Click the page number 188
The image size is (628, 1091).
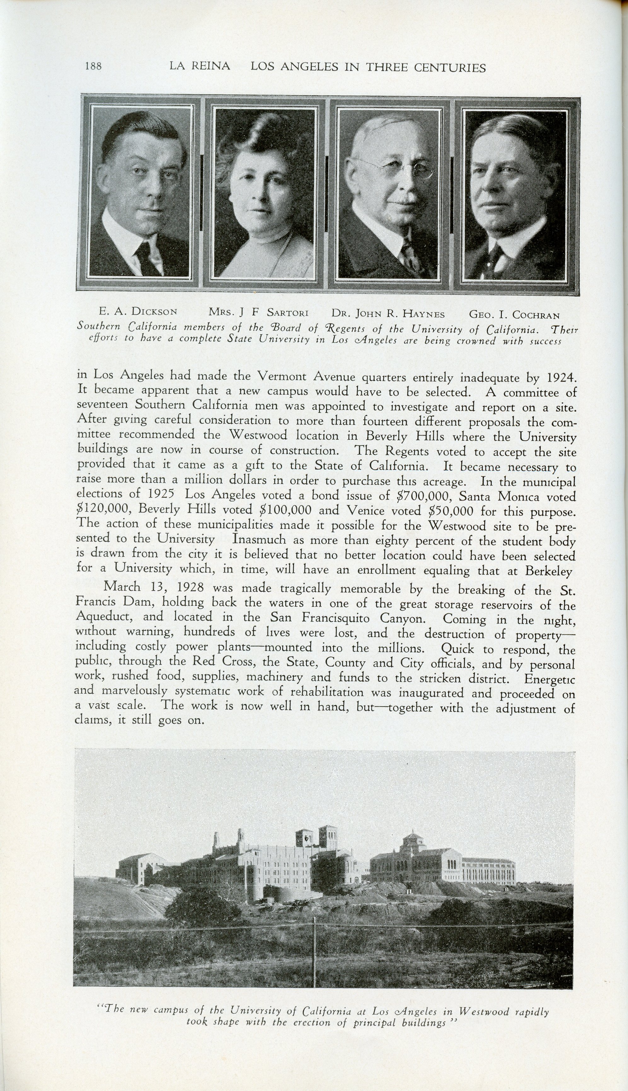(93, 66)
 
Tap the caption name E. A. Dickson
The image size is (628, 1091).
(138, 311)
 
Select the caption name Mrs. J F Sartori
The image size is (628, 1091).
(258, 312)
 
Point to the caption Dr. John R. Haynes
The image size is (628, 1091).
(388, 313)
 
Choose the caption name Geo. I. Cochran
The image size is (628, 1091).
(514, 315)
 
